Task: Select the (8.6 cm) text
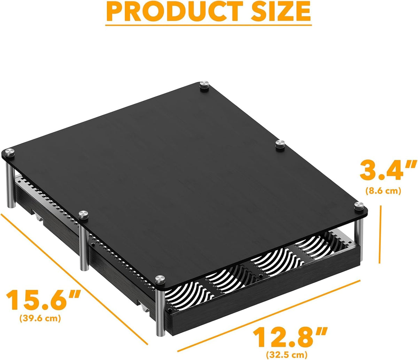coord(383,191)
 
